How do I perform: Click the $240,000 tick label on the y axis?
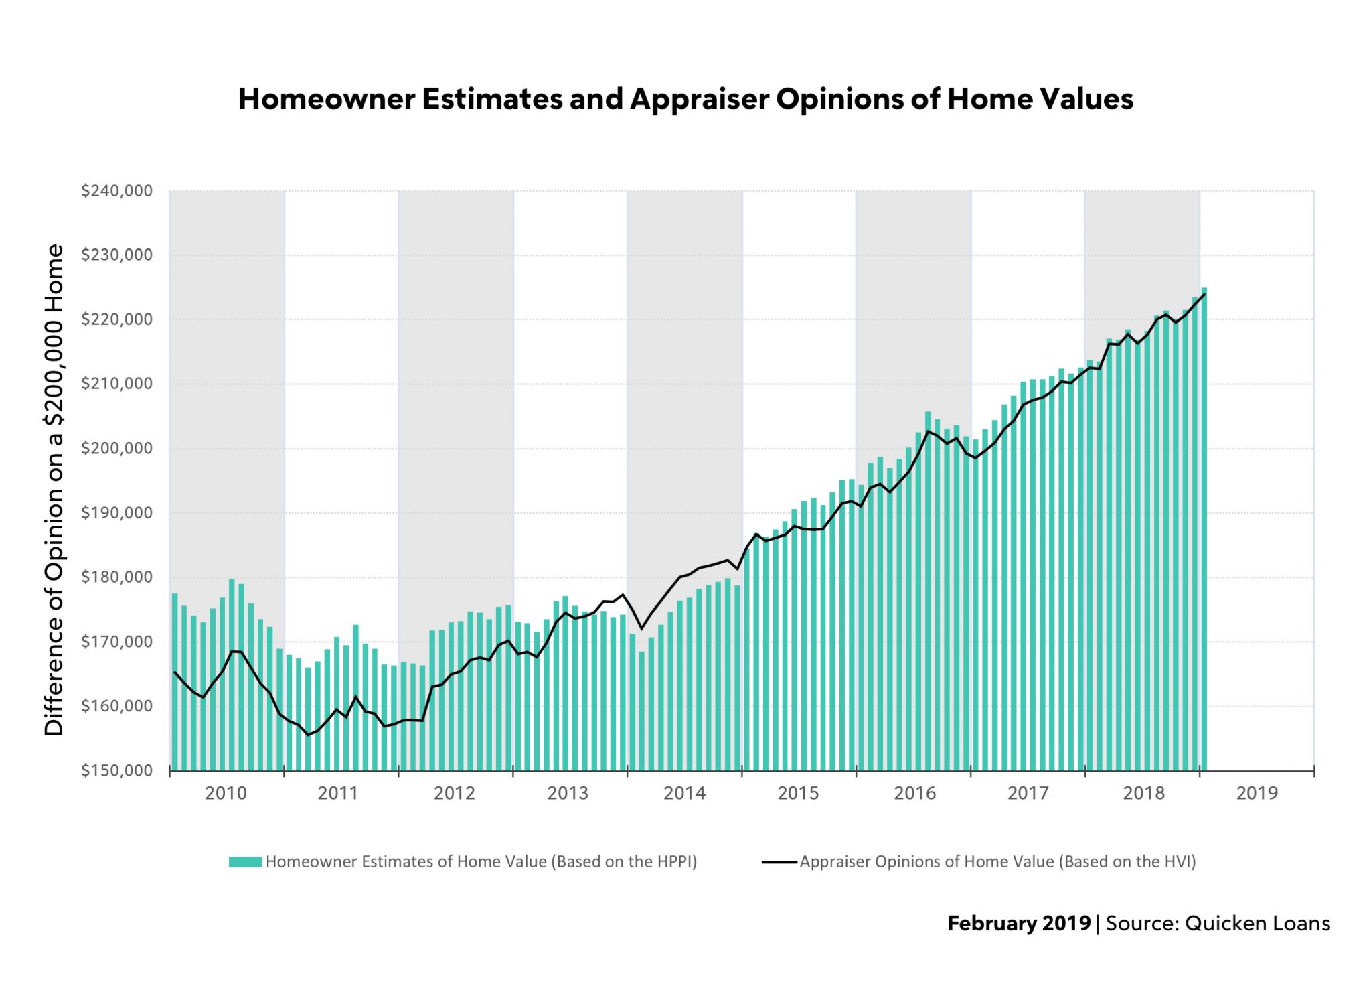116,191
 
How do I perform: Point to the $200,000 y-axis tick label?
116,448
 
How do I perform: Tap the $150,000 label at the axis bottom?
116,770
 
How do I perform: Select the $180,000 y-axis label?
116,577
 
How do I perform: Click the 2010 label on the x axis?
226,793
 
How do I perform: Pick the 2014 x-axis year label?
684,793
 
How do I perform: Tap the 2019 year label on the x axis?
1257,793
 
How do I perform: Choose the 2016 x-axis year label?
914,793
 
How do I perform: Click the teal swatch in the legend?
244,862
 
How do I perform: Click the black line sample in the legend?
779,862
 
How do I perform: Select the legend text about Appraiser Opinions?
997,862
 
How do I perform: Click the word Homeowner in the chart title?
326,99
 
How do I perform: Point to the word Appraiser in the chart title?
698,99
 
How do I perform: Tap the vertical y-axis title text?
54,490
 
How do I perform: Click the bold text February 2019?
1018,924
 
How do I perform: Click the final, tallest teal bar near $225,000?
1204,529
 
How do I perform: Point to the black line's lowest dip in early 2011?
308,735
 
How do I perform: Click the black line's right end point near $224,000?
1204,295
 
